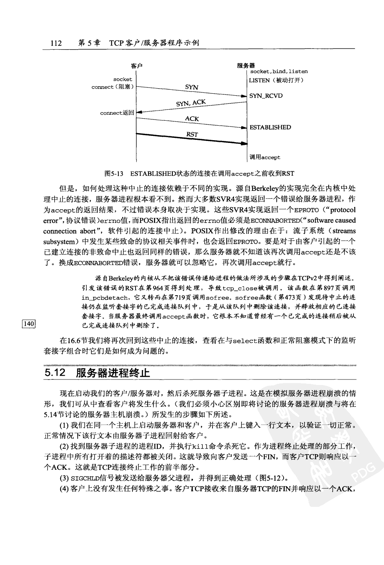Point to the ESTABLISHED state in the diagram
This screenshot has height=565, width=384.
pyautogui.click(x=270, y=127)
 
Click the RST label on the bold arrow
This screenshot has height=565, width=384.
pyautogui.click(x=192, y=134)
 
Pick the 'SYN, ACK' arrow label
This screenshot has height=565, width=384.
pyautogui.click(x=191, y=103)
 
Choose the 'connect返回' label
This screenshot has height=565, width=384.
pyautogui.click(x=117, y=113)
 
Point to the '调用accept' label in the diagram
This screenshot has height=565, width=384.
pyautogui.click(x=265, y=157)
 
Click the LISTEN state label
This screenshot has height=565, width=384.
pyautogui.click(x=259, y=80)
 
